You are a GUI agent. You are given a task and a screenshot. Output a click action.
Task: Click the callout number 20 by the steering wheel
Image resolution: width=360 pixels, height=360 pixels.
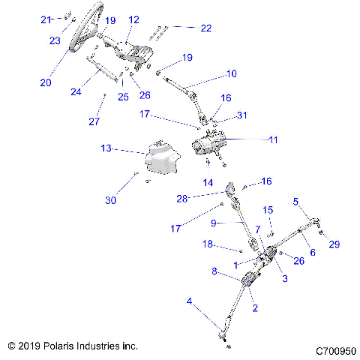[x=46, y=82]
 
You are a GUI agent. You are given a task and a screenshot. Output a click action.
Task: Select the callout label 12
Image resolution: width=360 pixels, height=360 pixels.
[x=134, y=19]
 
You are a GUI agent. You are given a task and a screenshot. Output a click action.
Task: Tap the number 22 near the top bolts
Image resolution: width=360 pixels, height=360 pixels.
[x=205, y=28]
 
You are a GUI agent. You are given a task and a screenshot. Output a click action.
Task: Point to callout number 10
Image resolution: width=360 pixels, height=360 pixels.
[x=231, y=74]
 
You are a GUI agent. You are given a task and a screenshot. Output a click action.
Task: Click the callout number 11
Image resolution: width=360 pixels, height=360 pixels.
[x=272, y=139]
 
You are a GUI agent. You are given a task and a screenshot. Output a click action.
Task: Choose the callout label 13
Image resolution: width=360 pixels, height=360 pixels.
[x=106, y=148]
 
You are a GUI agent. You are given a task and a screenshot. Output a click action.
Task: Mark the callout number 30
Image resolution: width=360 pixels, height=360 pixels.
[x=112, y=200]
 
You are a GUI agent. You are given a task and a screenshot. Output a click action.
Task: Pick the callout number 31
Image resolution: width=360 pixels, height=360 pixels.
[x=241, y=115]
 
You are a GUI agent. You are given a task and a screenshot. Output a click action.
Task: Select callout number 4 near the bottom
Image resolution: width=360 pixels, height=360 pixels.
[x=189, y=302]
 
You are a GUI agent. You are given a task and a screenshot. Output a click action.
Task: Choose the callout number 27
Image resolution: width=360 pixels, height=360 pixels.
[x=94, y=122]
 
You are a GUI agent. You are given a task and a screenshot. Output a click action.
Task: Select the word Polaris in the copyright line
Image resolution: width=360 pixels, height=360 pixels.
[x=61, y=346]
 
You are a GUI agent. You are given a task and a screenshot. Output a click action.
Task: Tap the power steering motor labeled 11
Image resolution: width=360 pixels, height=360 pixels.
[x=212, y=142]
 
